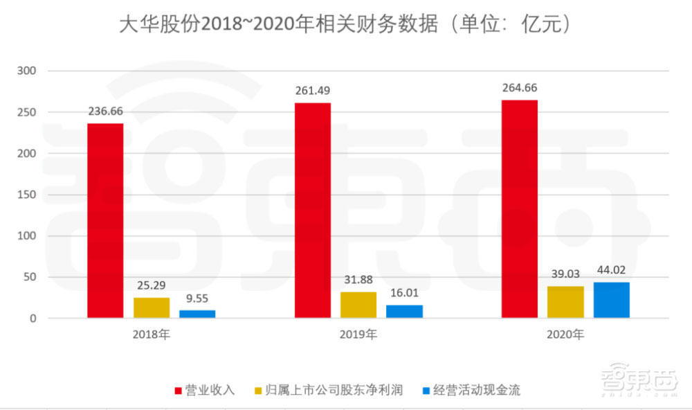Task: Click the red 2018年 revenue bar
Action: coord(105,220)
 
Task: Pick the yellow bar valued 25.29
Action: coord(152,307)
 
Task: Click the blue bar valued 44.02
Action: coord(612,300)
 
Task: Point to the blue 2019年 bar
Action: coord(404,311)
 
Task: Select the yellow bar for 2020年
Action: coord(565,302)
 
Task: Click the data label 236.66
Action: coord(105,111)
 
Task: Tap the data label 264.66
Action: coord(520,88)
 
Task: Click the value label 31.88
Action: coord(358,279)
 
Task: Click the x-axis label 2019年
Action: coord(358,335)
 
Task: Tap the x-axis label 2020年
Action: coord(565,335)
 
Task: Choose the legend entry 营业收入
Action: coord(210,390)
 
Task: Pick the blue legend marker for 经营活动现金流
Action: coord(427,390)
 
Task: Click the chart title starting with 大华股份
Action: coord(345,25)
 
